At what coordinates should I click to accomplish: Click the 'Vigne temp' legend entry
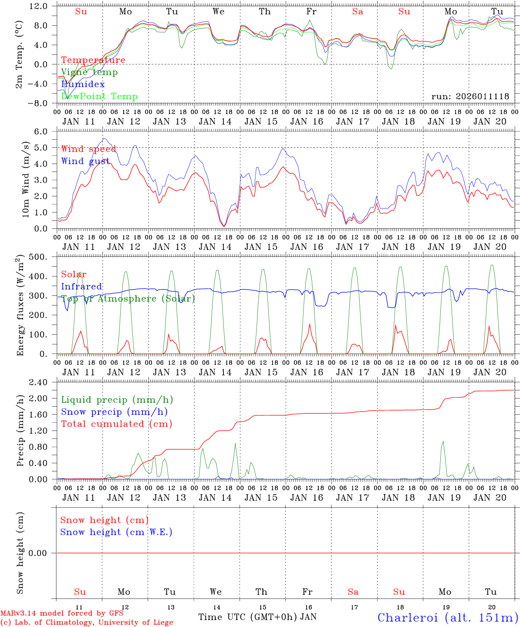89,72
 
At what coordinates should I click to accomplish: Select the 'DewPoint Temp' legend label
99,97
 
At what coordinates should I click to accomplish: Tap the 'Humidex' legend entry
83,84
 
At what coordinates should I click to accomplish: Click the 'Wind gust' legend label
85,161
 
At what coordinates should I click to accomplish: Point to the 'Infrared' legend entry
81,287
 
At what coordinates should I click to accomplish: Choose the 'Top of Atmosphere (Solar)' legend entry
128,299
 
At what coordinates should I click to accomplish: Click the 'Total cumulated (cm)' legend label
116,424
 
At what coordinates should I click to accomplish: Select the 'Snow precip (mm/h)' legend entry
114,412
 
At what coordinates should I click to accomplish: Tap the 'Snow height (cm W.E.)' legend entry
116,532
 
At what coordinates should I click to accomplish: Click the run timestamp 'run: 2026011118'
470,97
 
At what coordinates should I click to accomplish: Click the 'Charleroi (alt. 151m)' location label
448,617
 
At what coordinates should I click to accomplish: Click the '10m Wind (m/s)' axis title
26,180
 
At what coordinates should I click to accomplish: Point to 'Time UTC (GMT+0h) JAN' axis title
257,617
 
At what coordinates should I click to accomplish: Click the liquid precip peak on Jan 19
443,442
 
